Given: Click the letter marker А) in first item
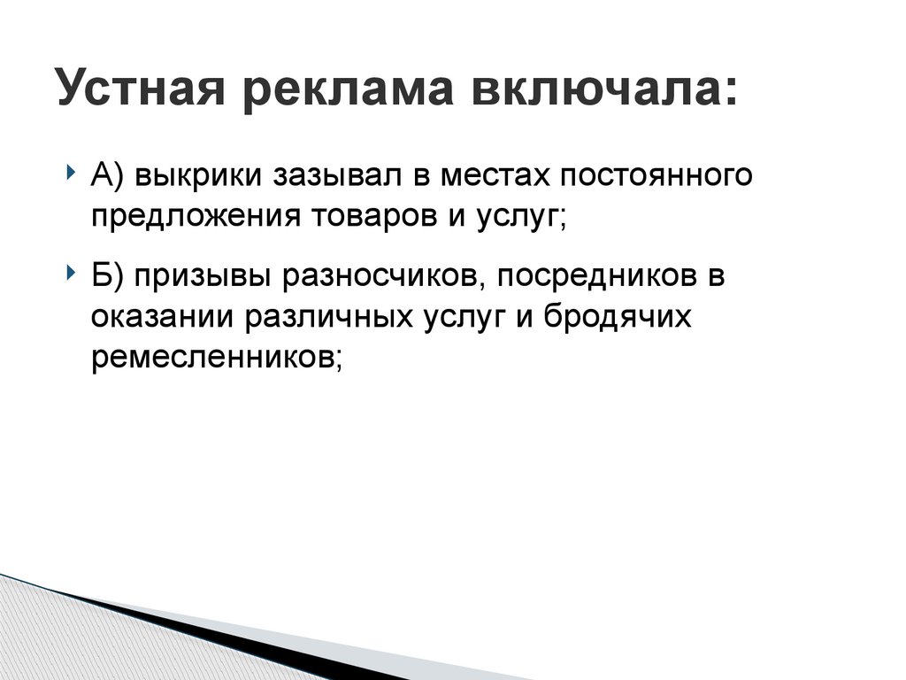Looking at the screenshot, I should pos(107,175).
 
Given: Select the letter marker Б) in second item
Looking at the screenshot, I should pos(107,276).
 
